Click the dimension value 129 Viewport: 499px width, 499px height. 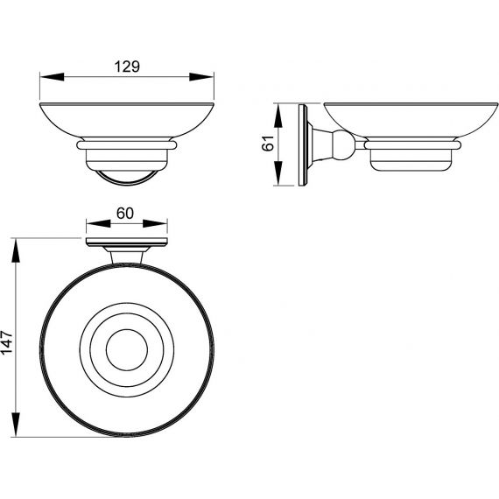127,67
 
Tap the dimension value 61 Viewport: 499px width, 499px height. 268,144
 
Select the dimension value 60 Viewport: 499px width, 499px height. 125,214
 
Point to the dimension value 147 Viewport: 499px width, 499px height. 7,342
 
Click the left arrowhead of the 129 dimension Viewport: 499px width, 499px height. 53,77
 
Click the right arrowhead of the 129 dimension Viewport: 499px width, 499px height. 201,77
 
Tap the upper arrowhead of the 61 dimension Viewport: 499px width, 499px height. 278,116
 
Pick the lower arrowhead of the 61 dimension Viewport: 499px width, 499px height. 278,173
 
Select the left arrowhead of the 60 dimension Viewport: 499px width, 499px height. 98,223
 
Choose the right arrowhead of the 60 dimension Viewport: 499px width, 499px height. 155,223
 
